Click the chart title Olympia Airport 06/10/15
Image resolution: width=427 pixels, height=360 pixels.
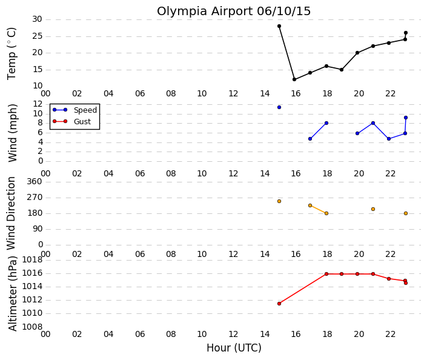pyautogui.click(x=234, y=12)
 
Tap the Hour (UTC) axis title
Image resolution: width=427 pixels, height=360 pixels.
pyautogui.click(x=234, y=348)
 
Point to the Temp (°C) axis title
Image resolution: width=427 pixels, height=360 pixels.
pyautogui.click(x=12, y=53)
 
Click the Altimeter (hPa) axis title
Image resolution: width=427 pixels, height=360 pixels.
pyautogui.click(x=12, y=293)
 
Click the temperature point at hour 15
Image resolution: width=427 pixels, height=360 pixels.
pyautogui.click(x=279, y=26)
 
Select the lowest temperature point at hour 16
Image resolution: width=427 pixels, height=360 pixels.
pyautogui.click(x=294, y=79)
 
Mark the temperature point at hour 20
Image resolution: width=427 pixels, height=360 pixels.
pyautogui.click(x=357, y=53)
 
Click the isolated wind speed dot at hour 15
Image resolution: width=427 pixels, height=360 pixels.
pyautogui.click(x=279, y=107)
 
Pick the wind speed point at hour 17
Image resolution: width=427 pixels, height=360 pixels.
pyautogui.click(x=310, y=139)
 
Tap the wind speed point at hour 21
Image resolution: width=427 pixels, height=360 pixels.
pyautogui.click(x=373, y=123)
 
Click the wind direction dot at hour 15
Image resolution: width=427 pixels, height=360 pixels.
pyautogui.click(x=279, y=201)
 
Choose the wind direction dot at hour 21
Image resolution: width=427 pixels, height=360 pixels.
pyautogui.click(x=373, y=209)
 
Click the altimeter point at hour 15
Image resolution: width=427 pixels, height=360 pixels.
pyautogui.click(x=279, y=304)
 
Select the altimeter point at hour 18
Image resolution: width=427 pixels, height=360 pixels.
pyautogui.click(x=326, y=274)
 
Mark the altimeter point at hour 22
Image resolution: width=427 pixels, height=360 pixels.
pyautogui.click(x=389, y=279)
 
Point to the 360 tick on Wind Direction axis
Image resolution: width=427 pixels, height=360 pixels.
pyautogui.click(x=35, y=181)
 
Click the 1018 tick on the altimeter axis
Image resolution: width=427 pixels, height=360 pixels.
pyautogui.click(x=32, y=260)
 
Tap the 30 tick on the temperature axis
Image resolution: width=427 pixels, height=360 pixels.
pyautogui.click(x=37, y=19)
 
